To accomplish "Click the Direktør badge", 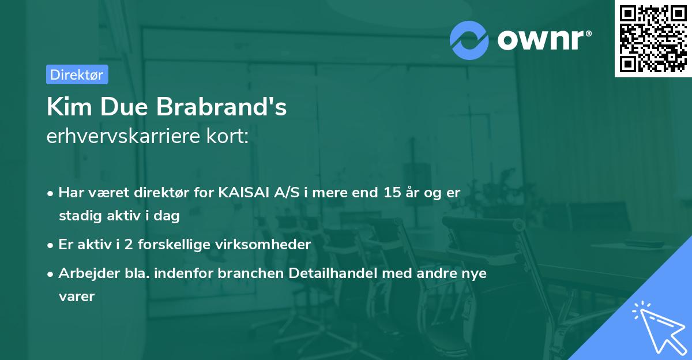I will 77,74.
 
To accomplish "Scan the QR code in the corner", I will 653,39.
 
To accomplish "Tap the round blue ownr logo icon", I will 469,40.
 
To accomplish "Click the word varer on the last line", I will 76,296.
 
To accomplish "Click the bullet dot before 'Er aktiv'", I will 51,245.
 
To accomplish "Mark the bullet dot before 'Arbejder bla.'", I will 51,273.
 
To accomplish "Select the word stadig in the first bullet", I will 78,216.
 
